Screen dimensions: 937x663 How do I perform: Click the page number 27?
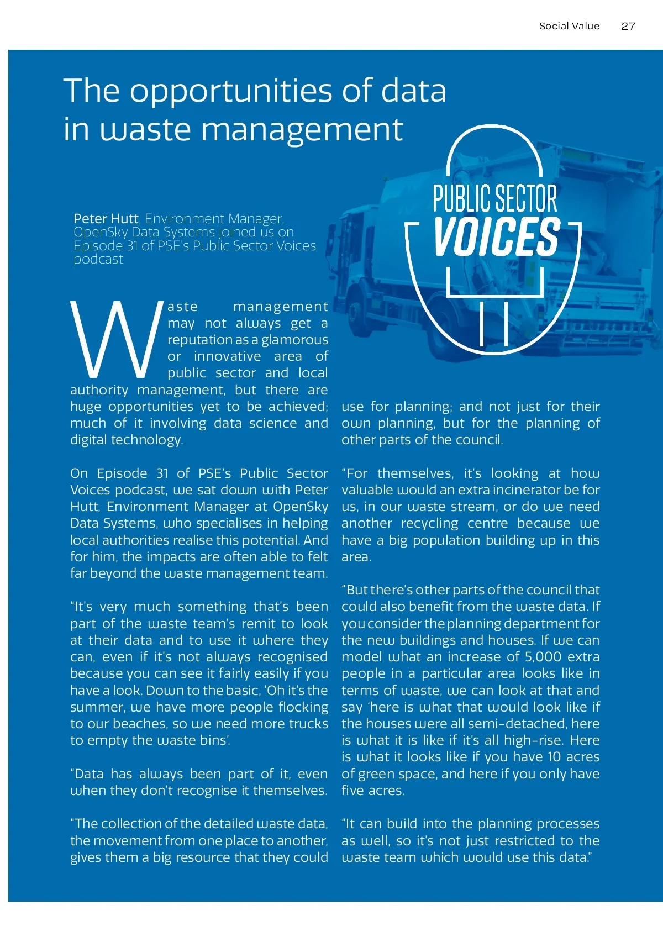point(628,26)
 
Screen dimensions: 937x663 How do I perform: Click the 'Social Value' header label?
point(569,26)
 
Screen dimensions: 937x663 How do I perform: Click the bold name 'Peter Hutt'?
point(106,219)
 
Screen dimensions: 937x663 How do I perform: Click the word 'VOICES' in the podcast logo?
point(496,236)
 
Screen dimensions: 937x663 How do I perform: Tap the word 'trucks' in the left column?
point(308,724)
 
